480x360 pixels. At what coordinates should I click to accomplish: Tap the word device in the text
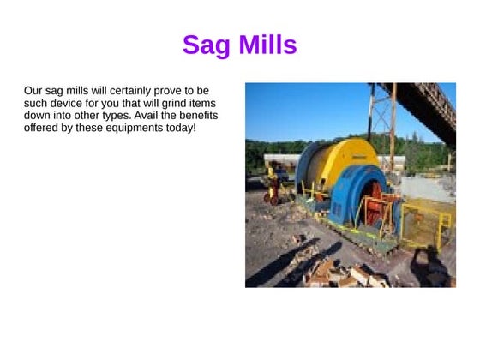click(x=69, y=103)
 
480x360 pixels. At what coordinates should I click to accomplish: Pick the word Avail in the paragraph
click(x=142, y=116)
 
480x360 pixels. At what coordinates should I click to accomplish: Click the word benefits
click(x=195, y=116)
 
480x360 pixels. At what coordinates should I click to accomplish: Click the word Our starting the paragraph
click(x=33, y=90)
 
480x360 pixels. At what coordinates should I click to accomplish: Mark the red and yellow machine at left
click(x=273, y=184)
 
